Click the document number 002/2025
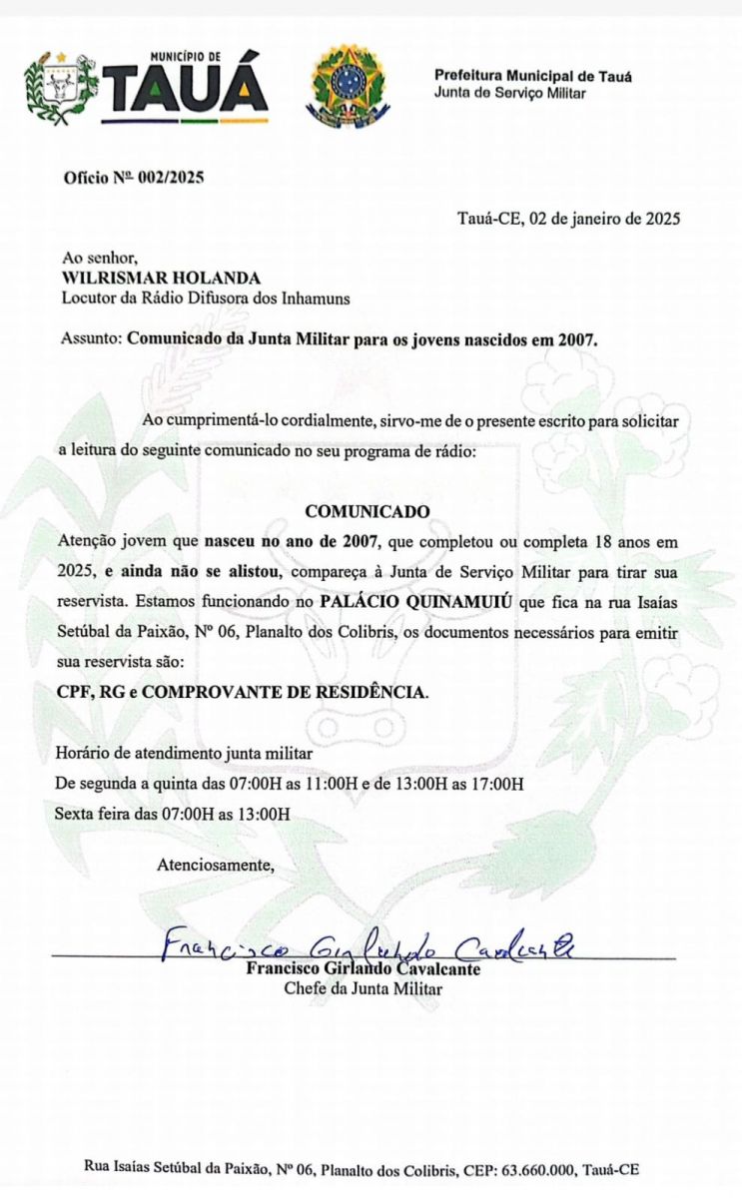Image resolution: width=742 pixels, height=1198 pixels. (171, 179)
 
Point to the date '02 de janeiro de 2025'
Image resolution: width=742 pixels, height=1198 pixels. (605, 220)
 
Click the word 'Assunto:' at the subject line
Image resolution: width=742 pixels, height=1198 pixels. (92, 338)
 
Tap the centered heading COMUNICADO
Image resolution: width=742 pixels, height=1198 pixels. (368, 511)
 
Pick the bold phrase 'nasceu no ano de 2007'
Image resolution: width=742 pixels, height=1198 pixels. (293, 542)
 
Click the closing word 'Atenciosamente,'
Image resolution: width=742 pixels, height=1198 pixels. (215, 865)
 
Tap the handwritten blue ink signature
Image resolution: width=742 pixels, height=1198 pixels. (370, 944)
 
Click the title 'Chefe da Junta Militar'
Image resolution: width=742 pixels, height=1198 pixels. (364, 988)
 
